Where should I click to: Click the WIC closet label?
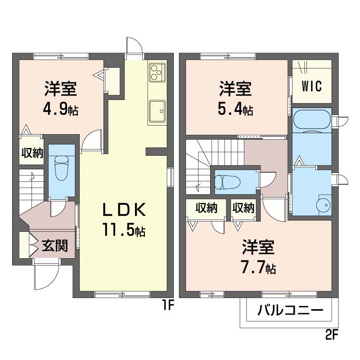311,86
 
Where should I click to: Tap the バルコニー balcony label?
290,310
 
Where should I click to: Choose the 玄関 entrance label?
55,246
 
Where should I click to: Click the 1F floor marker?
168,306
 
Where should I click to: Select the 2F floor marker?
331,335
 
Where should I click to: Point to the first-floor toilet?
61,168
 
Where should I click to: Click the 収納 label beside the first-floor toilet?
31,153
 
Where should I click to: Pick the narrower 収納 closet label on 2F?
243,208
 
